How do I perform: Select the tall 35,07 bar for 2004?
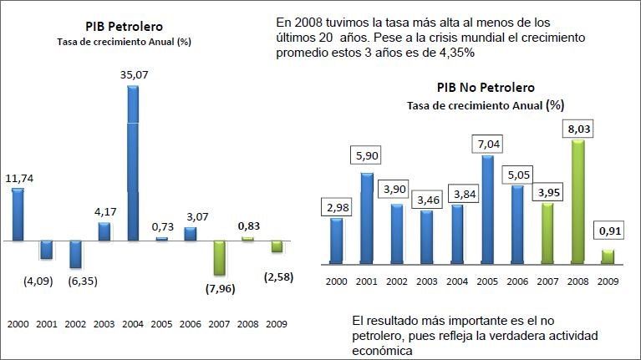[133, 163]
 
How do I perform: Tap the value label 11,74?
[18, 178]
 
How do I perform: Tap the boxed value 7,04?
[490, 144]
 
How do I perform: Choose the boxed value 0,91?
[608, 229]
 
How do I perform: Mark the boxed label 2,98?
[337, 206]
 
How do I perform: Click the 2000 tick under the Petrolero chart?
[18, 323]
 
